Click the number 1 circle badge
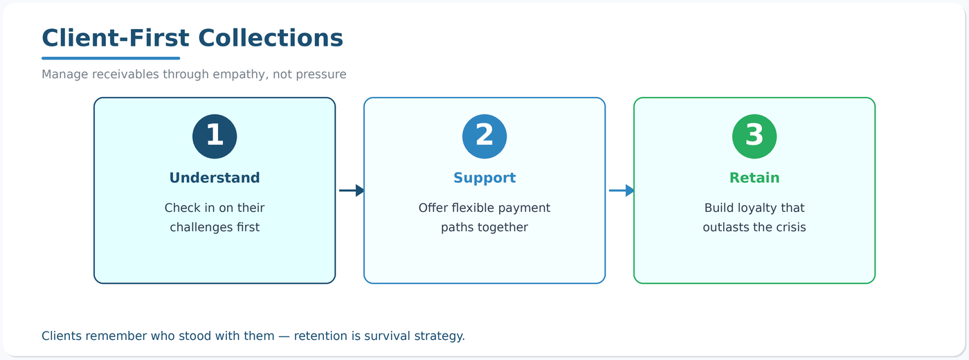pos(215,136)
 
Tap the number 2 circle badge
pos(484,136)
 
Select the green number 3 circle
pos(754,136)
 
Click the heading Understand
pos(215,178)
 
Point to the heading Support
pos(484,178)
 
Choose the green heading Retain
pos(754,178)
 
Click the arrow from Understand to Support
pos(351,190)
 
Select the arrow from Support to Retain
pos(621,190)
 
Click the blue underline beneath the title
pos(111,58)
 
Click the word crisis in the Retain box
pos(790,227)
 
